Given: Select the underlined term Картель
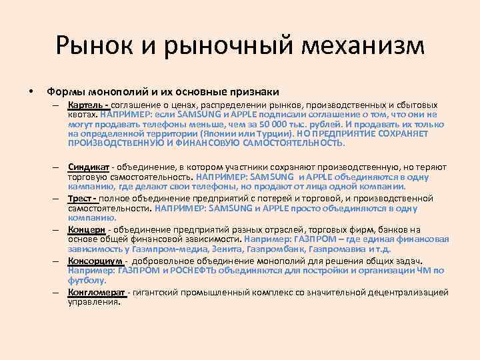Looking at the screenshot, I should [x=86, y=105].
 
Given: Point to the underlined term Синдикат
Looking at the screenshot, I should [x=89, y=166].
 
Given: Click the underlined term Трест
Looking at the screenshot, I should [x=81, y=198].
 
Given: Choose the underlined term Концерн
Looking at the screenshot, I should [x=87, y=230].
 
